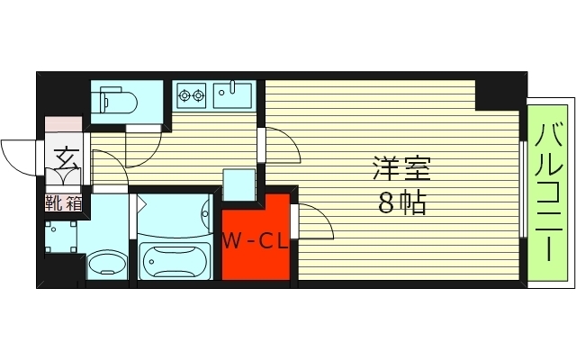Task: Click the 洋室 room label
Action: coord(400,168)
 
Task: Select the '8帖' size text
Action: coord(400,202)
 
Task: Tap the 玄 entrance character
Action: coord(66,159)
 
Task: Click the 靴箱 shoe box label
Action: coord(64,202)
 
